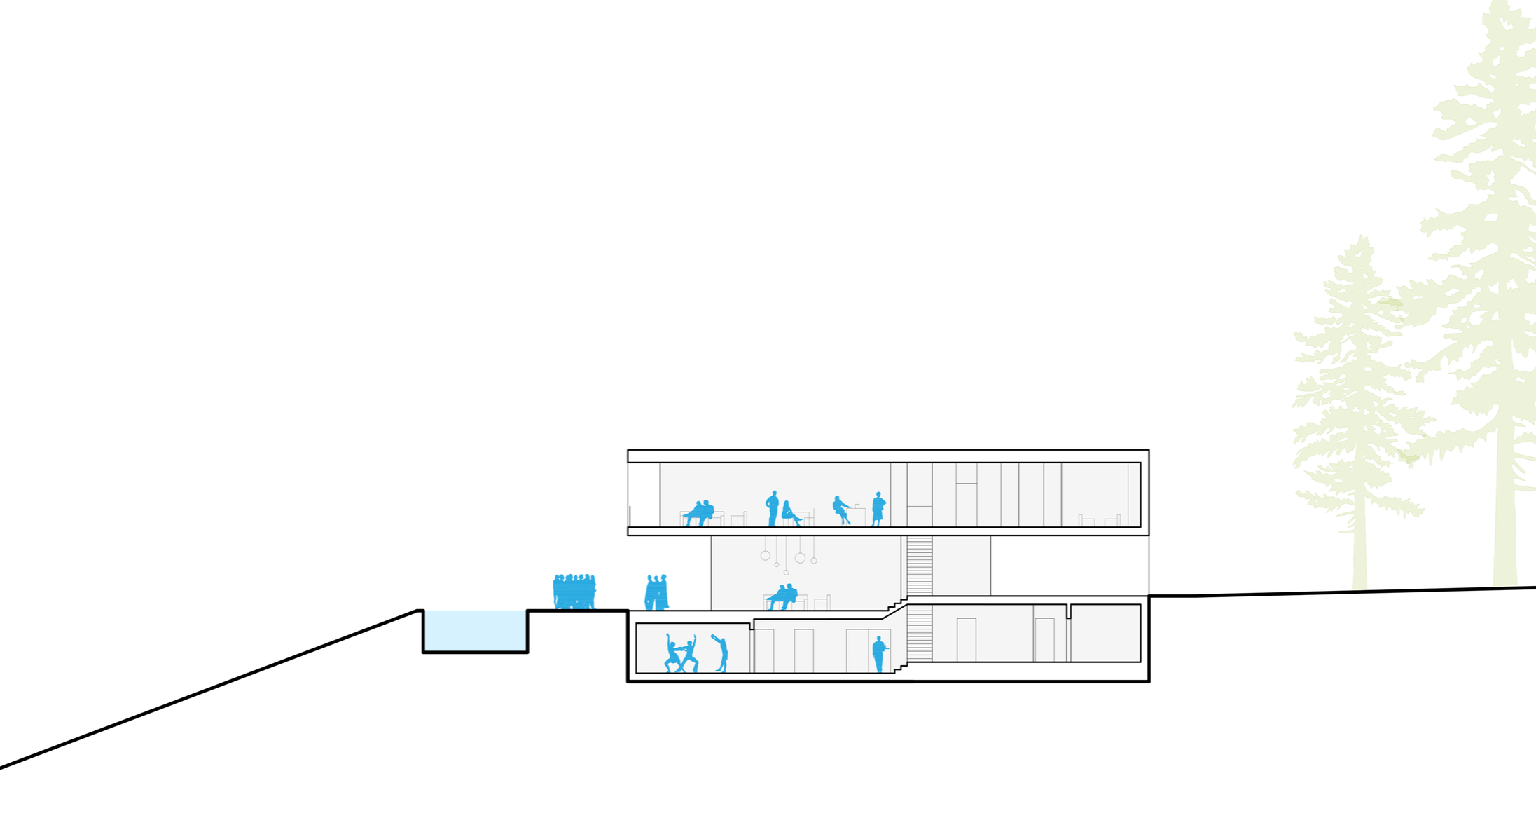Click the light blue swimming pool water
coord(475,630)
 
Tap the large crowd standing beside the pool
coord(574,592)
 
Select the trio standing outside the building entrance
coord(656,593)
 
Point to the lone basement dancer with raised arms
coord(721,654)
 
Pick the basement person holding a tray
coord(878,654)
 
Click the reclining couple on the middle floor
coord(782,596)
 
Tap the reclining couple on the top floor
coord(700,514)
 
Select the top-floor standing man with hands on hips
coord(773,508)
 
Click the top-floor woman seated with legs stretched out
coord(790,514)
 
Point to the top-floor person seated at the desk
coord(840,510)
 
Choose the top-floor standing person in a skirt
coord(878,510)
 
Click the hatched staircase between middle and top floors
coord(919,566)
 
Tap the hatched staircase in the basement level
coord(919,634)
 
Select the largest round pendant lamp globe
coord(800,558)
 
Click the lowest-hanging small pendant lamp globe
coord(786,573)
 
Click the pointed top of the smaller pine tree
coord(1362,238)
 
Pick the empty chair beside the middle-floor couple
coord(822,602)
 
